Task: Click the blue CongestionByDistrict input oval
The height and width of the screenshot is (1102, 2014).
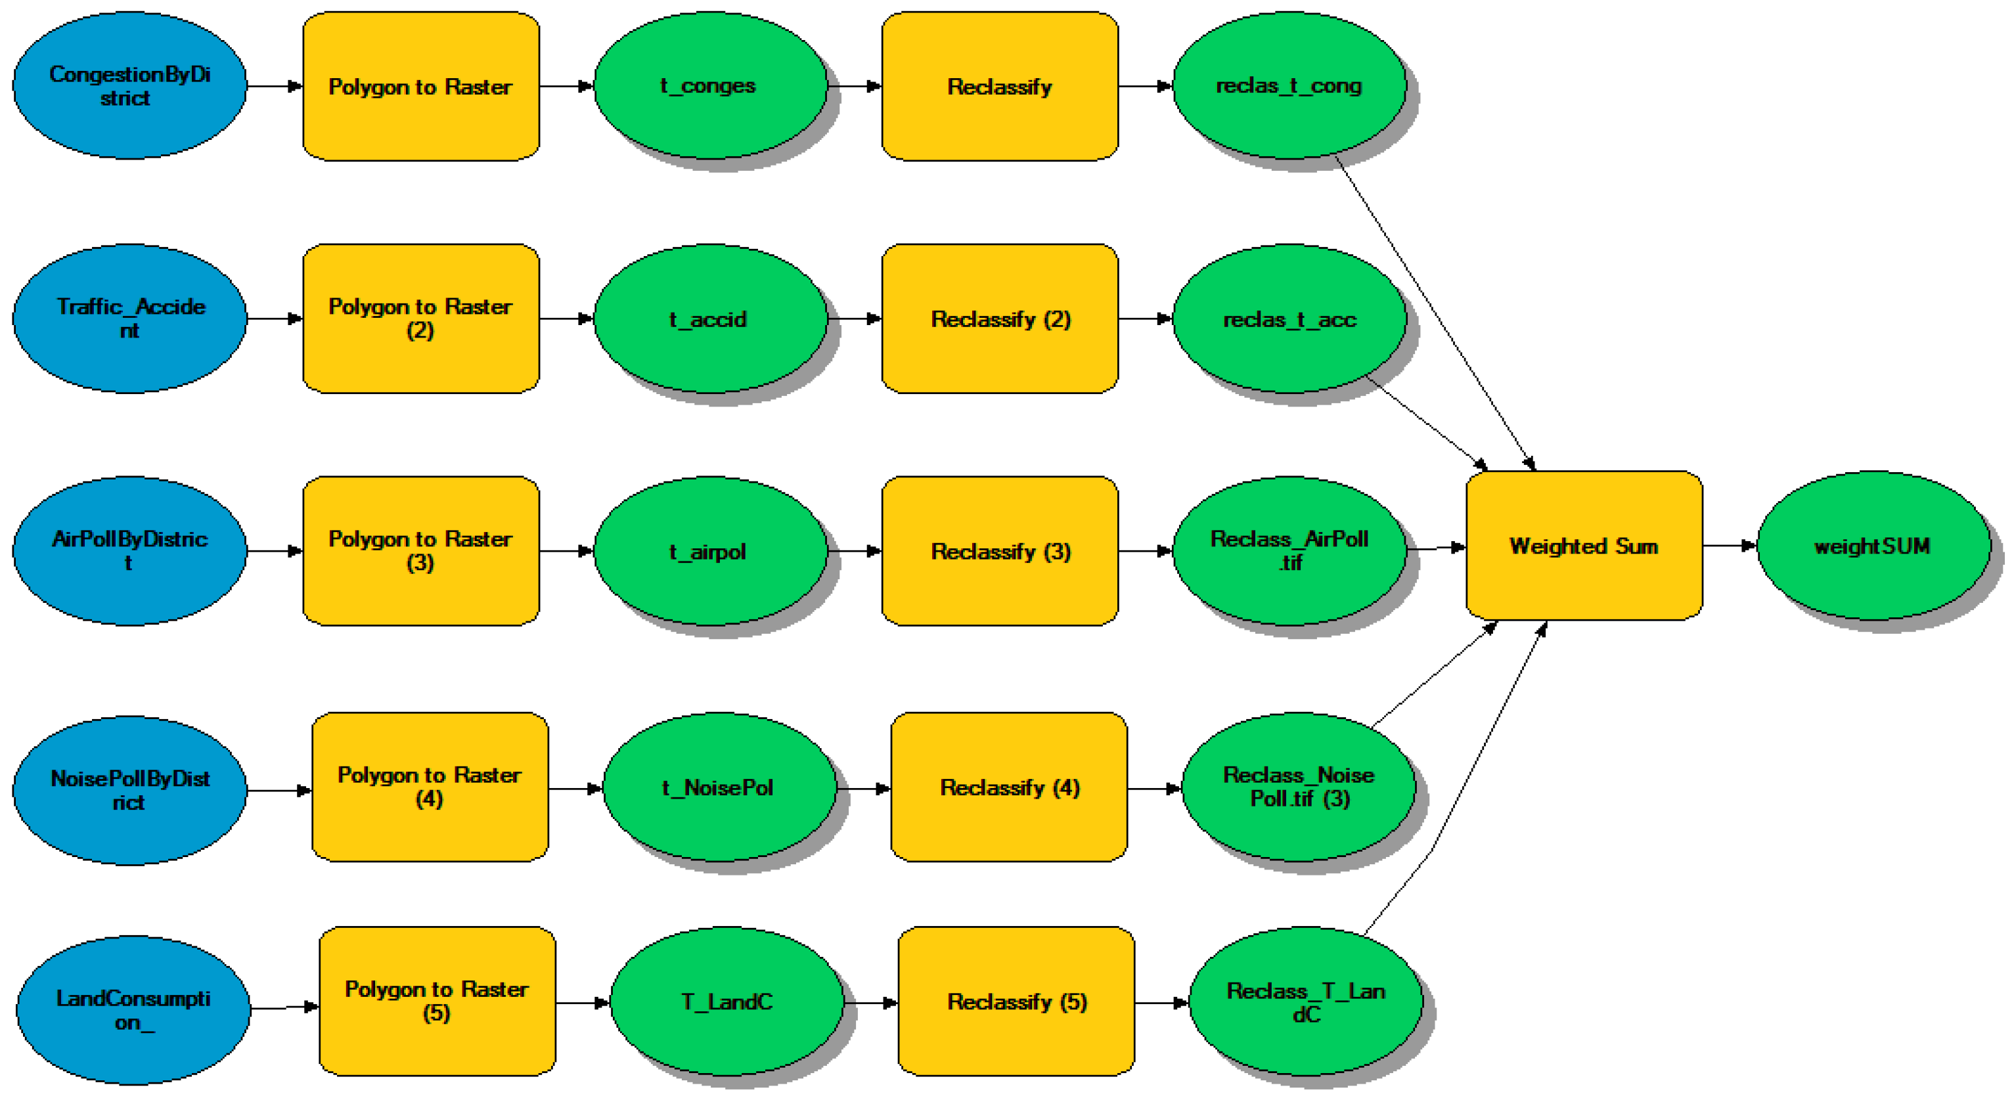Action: coord(130,85)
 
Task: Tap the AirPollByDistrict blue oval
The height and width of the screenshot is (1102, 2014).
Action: coord(130,550)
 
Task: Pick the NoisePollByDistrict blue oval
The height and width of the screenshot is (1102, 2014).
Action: coord(130,790)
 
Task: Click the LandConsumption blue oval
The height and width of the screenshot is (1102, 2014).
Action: coord(133,1010)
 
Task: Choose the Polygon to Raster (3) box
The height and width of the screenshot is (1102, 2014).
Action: coord(420,550)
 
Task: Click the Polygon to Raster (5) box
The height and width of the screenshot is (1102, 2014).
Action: coord(437,1001)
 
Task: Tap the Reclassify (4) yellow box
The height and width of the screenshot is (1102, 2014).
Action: coord(1008,787)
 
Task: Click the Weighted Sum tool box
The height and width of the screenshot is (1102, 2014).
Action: coord(1583,546)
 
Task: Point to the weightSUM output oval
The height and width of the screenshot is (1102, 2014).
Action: coord(1873,546)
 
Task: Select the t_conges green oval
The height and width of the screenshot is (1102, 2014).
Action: coord(709,85)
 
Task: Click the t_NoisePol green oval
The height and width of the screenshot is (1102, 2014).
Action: coord(719,787)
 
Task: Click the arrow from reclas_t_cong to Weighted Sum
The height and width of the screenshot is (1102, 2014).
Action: coord(1435,313)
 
